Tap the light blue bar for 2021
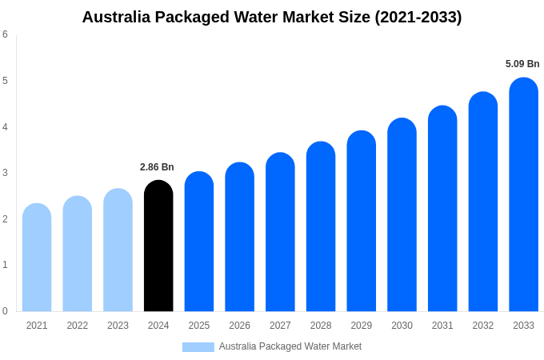coord(37,258)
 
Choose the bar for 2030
coord(402,215)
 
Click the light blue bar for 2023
coord(118,250)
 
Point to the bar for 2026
coord(239,237)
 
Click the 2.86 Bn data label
coord(157,167)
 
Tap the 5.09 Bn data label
coord(522,64)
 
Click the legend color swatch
coord(198,347)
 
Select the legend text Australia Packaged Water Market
coord(290,346)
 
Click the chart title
coord(272,17)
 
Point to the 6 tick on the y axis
coord(5,34)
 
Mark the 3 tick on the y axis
coord(5,173)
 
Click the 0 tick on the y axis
coord(5,311)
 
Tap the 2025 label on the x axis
coord(199,326)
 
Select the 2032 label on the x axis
coord(482,326)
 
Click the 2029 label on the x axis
coord(361,326)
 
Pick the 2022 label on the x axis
coord(78,326)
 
